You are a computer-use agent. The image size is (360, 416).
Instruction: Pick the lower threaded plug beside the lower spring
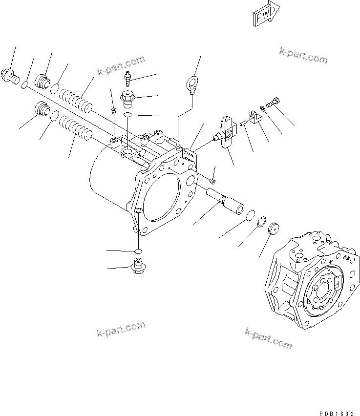pos(42,109)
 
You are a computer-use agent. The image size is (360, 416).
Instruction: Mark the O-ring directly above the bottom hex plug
pos(138,251)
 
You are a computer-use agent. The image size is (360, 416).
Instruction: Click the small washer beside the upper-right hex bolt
pos(263,107)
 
